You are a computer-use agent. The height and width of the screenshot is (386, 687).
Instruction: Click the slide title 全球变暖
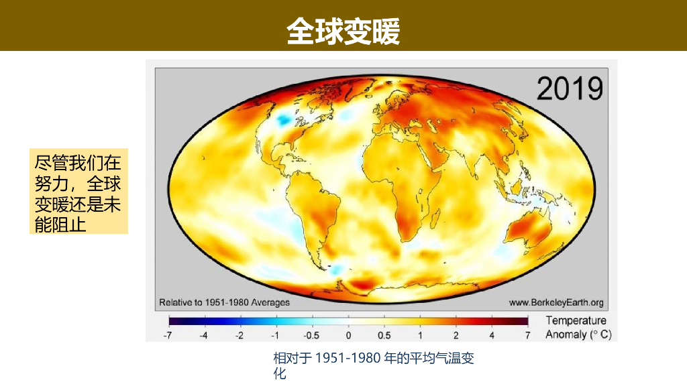point(343,31)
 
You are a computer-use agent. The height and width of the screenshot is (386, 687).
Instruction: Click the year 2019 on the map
point(570,88)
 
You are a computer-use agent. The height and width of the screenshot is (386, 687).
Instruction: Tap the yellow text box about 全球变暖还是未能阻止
point(80,192)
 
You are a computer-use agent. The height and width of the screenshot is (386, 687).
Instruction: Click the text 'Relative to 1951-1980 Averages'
point(224,302)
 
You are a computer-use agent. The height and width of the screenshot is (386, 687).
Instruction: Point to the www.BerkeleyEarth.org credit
point(556,302)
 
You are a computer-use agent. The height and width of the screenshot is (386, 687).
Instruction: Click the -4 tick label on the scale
point(204,334)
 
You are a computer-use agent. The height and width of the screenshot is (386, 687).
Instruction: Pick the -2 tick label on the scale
point(240,334)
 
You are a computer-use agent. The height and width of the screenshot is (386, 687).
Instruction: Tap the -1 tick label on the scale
point(275,334)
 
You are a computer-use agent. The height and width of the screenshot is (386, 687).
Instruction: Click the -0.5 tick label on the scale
point(311,334)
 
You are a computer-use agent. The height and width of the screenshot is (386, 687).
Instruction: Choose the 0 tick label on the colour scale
point(348,334)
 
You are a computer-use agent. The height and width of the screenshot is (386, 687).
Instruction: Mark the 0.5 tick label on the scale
point(384,334)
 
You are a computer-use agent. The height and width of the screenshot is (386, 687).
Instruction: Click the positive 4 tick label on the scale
point(492,334)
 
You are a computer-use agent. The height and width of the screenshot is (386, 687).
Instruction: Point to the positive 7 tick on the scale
point(527,334)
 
